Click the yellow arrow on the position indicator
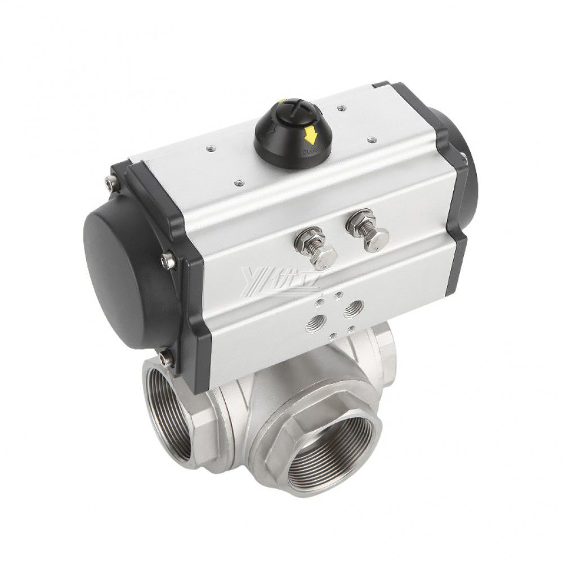(309, 135)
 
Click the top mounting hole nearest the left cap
(211, 148)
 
